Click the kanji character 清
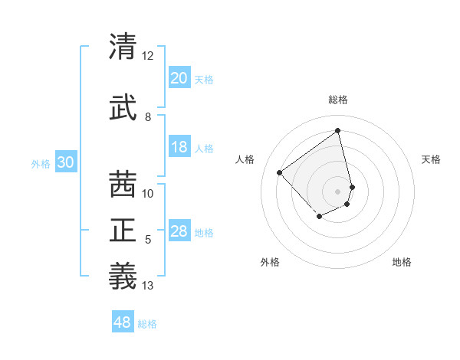click(123, 47)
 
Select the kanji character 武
click(123, 108)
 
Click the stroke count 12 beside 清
click(148, 56)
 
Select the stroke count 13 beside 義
click(148, 286)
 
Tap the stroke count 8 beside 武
click(148, 117)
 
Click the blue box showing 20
click(179, 78)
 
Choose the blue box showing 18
click(179, 147)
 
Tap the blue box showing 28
click(179, 231)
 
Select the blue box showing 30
click(65, 162)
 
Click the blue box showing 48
click(123, 322)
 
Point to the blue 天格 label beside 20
click(204, 79)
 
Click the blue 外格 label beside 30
click(41, 163)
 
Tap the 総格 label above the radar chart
click(338, 100)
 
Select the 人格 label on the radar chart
click(245, 159)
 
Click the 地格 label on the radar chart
click(402, 262)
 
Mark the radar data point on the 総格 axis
click(338, 130)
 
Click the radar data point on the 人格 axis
click(280, 172)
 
